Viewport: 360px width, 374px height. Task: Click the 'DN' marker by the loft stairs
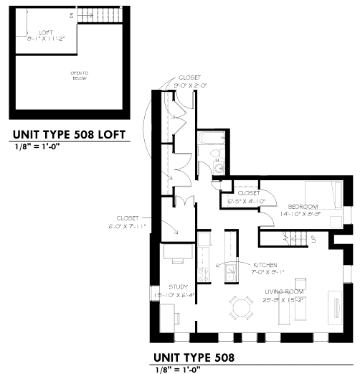tap(71, 14)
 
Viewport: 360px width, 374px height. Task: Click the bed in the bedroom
tap(322, 195)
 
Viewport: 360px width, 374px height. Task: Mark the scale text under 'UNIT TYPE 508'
tap(176, 370)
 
